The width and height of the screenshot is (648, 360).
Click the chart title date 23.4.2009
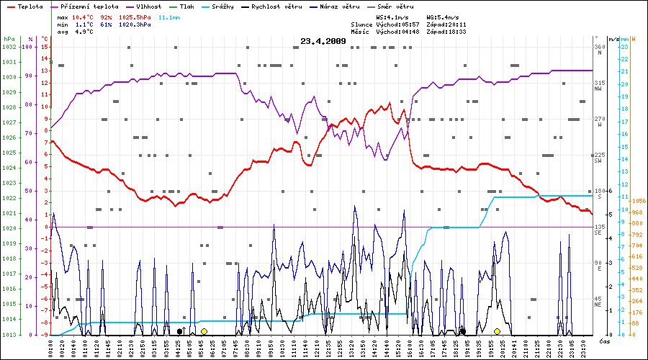[x=323, y=41]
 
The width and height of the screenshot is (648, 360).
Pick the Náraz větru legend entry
[x=346, y=6]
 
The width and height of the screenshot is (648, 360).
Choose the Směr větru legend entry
[x=398, y=6]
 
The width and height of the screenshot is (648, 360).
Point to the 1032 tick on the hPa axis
[x=9, y=47]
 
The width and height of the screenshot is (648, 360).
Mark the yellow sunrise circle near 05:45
[x=204, y=331]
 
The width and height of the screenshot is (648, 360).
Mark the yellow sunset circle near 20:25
[x=497, y=331]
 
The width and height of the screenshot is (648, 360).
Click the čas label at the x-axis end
[x=605, y=340]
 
